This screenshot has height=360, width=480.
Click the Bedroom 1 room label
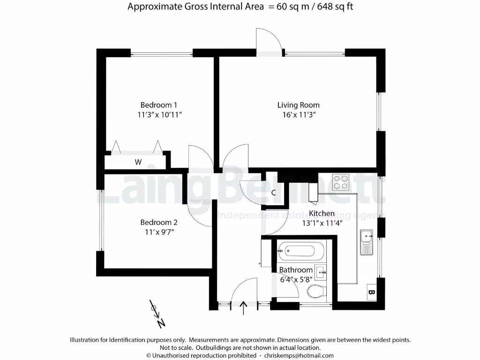click(159, 105)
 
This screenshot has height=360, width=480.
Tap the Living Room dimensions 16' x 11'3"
click(298, 115)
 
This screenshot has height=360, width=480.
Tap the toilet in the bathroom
click(318, 292)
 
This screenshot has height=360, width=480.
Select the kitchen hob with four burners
click(341, 182)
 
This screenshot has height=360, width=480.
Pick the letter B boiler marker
click(372, 293)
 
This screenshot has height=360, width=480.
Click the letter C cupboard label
click(273, 193)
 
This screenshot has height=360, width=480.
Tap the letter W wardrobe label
click(138, 163)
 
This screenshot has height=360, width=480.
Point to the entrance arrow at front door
click(244, 308)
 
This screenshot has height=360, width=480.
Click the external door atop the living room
click(270, 44)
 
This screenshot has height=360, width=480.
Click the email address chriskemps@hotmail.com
click(299, 355)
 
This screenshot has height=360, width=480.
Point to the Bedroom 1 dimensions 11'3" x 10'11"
click(159, 115)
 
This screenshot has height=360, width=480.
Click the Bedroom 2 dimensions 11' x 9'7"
click(159, 232)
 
